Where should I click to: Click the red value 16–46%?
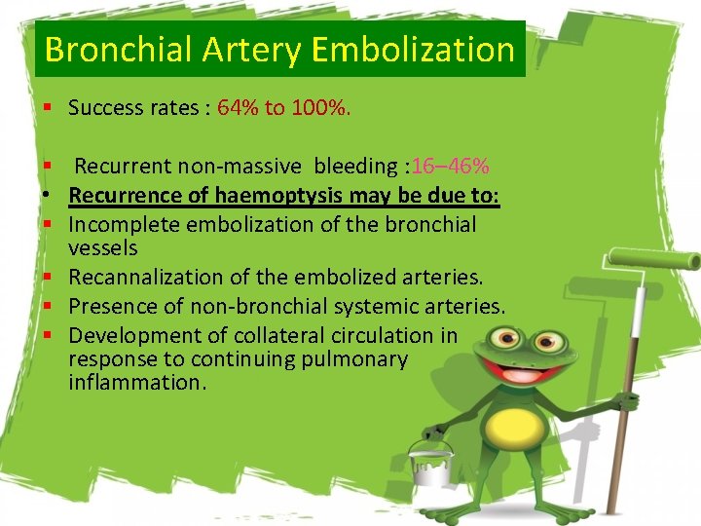pyautogui.click(x=450, y=166)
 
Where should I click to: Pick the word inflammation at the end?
pyautogui.click(x=137, y=382)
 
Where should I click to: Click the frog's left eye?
pyautogui.click(x=506, y=341)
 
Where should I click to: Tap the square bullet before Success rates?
pyautogui.click(x=46, y=108)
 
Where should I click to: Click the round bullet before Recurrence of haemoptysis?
pyautogui.click(x=46, y=196)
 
